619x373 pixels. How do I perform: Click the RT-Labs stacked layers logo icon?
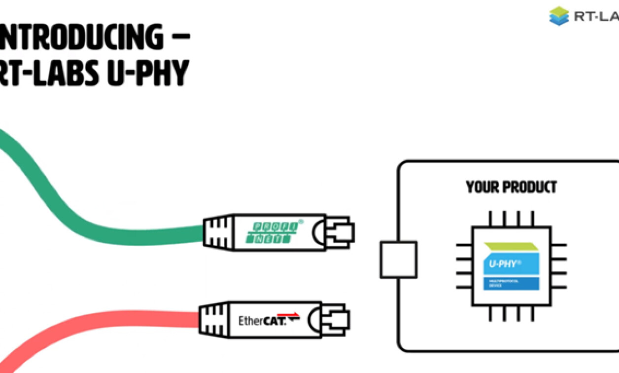pos(559,16)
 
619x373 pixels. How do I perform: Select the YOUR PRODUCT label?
pos(511,187)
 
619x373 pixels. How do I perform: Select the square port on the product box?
pos(398,260)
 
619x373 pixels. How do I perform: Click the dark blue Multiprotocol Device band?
pos(511,283)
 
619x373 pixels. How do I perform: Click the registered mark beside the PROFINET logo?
pos(301,223)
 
